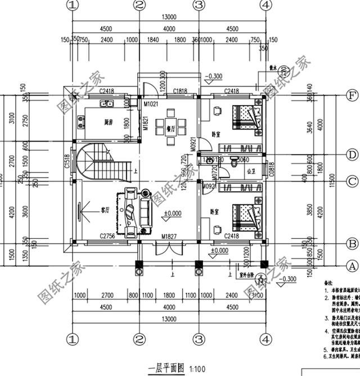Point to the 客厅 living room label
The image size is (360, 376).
click(x=105, y=209)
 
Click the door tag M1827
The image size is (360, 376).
click(x=169, y=237)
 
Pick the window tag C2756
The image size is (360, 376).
click(x=108, y=237)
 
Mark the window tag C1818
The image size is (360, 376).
click(x=180, y=90)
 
